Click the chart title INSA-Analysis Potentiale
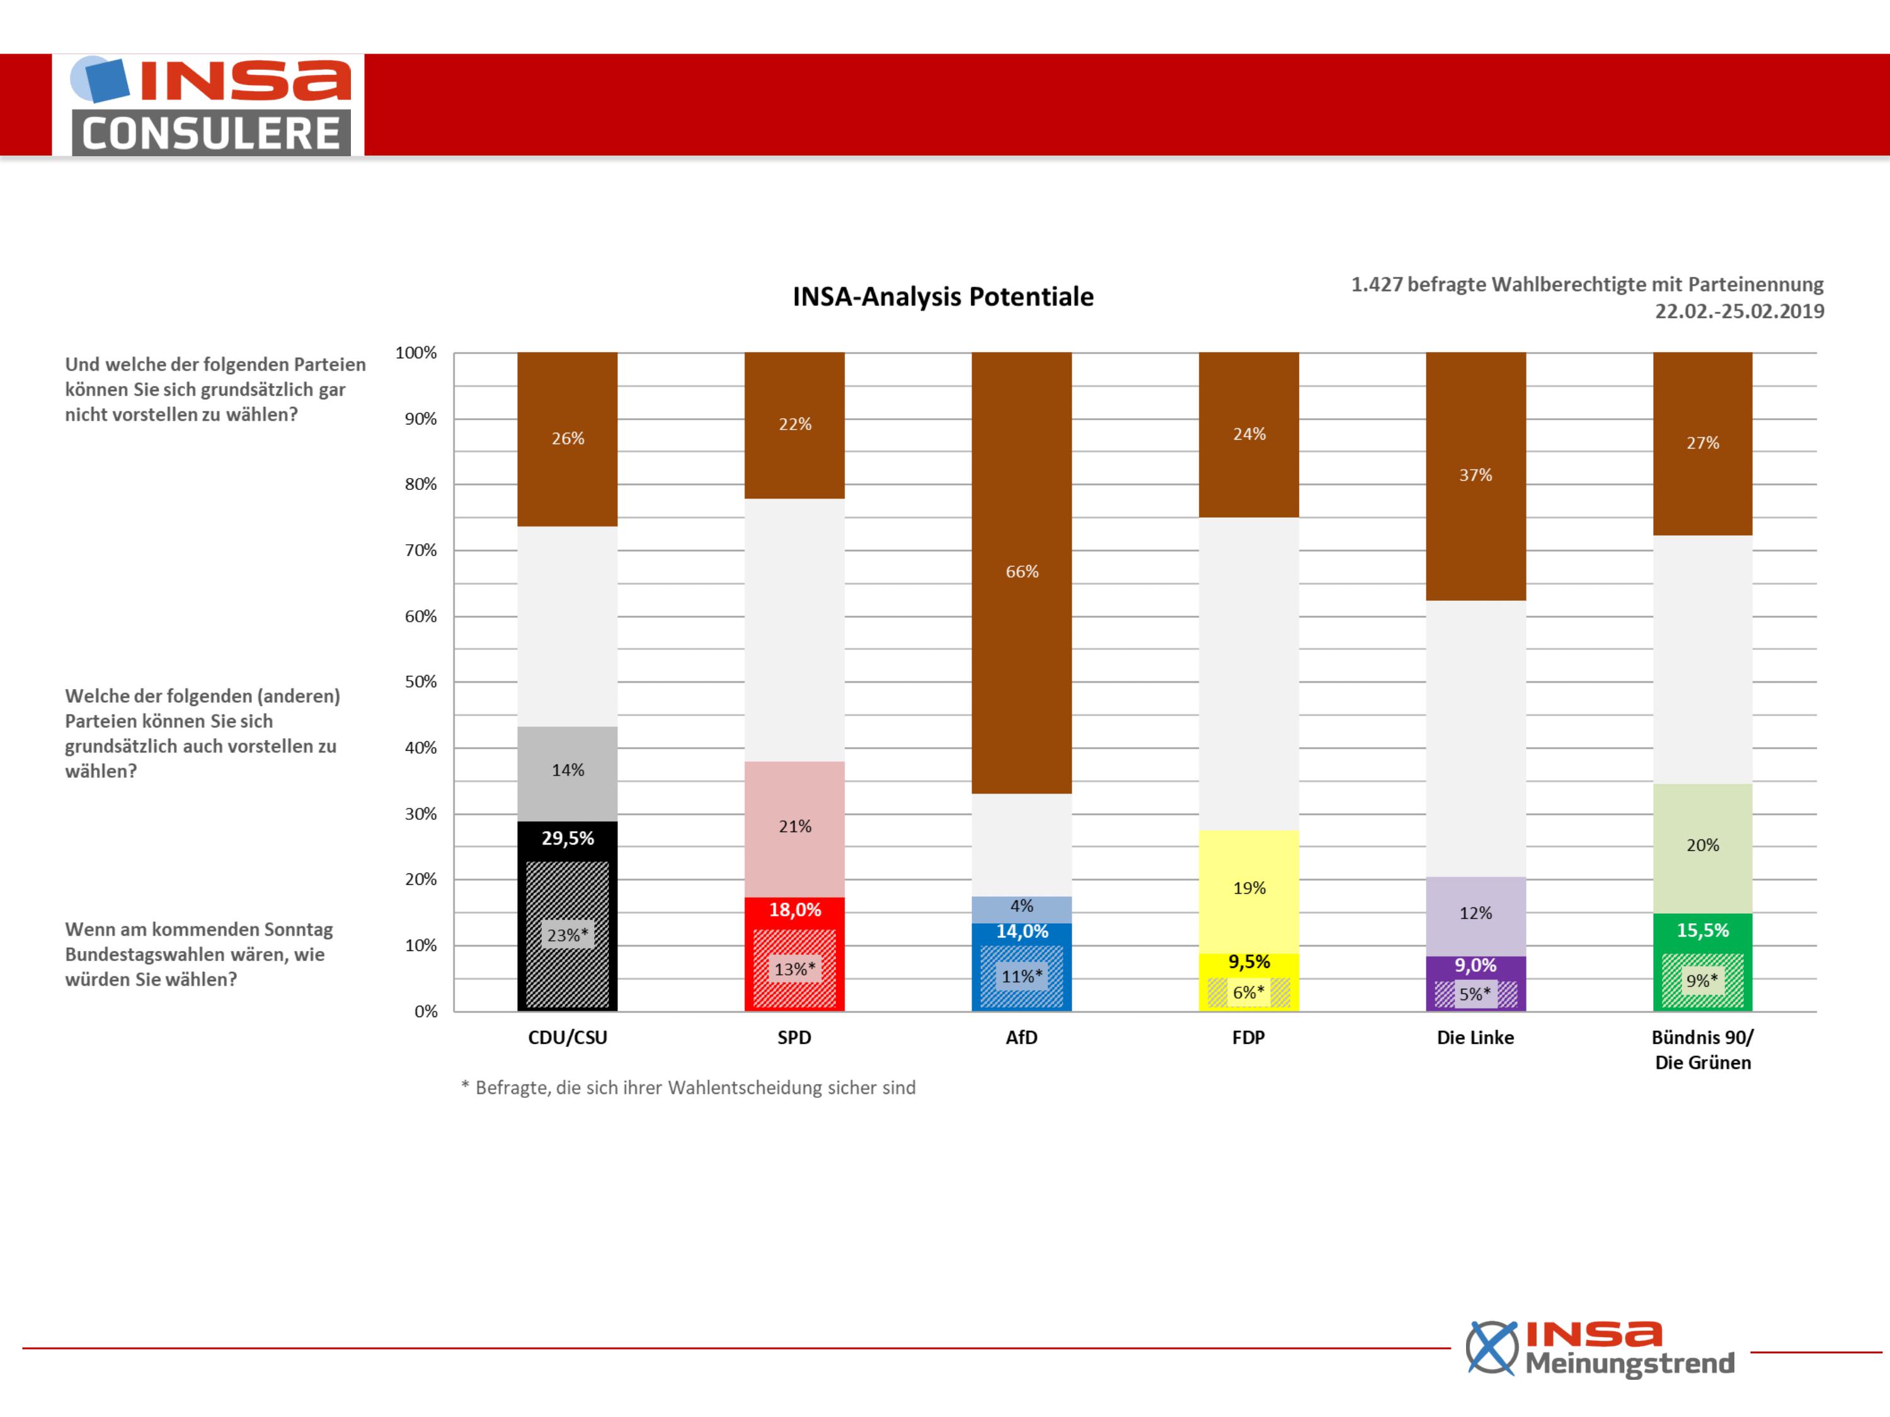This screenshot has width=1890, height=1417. (x=942, y=297)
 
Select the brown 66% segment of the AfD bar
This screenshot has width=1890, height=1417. (x=1021, y=572)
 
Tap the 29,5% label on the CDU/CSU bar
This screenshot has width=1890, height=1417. (x=568, y=838)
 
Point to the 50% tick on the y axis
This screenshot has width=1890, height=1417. (x=420, y=681)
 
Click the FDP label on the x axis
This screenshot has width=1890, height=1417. (x=1248, y=1038)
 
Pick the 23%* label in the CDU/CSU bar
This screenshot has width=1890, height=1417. (x=568, y=935)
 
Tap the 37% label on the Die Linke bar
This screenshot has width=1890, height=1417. (x=1475, y=475)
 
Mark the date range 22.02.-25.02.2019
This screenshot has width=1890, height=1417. (x=1739, y=311)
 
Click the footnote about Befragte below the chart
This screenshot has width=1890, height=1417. (x=688, y=1087)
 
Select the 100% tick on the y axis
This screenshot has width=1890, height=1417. (x=416, y=352)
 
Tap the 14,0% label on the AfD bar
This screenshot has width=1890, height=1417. (x=1022, y=931)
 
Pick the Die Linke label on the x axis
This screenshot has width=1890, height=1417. (x=1475, y=1038)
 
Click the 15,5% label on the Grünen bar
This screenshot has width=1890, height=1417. (x=1702, y=930)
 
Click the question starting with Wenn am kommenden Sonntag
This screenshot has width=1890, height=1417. (x=199, y=954)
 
